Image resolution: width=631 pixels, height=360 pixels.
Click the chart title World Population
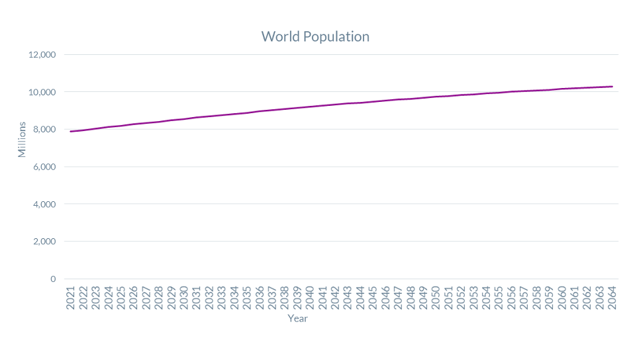tap(315, 36)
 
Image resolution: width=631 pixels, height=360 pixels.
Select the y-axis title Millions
tap(22, 139)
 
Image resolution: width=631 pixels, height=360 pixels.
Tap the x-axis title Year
tap(297, 319)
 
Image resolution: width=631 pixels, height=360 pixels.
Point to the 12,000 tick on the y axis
tap(42, 54)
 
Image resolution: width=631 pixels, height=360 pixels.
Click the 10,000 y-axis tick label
tap(42, 92)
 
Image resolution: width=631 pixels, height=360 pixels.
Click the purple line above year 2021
tap(70, 132)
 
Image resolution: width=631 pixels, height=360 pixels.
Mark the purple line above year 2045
tap(373, 102)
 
